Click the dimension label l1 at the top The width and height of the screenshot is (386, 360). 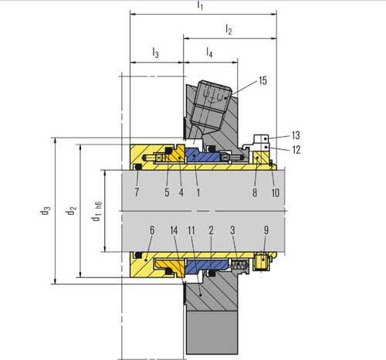[x=201, y=6]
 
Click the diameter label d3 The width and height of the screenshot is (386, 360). [x=47, y=211]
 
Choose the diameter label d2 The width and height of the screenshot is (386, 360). [x=71, y=211]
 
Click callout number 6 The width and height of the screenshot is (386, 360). [x=152, y=230]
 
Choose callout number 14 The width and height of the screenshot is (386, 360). [x=174, y=230]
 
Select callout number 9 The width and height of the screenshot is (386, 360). [x=266, y=230]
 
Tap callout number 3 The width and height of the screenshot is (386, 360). [x=233, y=230]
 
